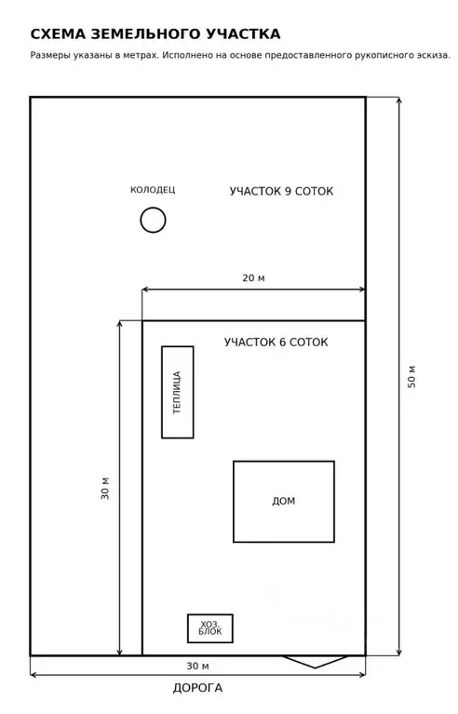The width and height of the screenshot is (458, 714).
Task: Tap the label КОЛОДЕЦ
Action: tap(153, 190)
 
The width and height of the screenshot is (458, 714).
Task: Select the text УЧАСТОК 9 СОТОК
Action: tap(281, 191)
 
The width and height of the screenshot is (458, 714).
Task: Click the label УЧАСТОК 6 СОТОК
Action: tap(276, 342)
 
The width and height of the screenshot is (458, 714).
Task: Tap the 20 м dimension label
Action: tap(253, 277)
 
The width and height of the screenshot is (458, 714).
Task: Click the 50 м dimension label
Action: tap(411, 377)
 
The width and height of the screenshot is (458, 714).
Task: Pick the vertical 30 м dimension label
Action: tap(105, 489)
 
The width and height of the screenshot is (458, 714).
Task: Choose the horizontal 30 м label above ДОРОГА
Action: tap(197, 666)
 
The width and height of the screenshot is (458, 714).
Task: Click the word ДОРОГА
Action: tap(197, 688)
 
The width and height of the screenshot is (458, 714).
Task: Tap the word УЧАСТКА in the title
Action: tap(243, 34)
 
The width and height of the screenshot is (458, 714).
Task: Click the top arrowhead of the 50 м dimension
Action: tap(399, 101)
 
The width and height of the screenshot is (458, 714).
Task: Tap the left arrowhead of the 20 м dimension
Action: tap(146, 290)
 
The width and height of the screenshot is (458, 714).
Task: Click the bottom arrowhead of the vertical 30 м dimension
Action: tap(120, 652)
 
